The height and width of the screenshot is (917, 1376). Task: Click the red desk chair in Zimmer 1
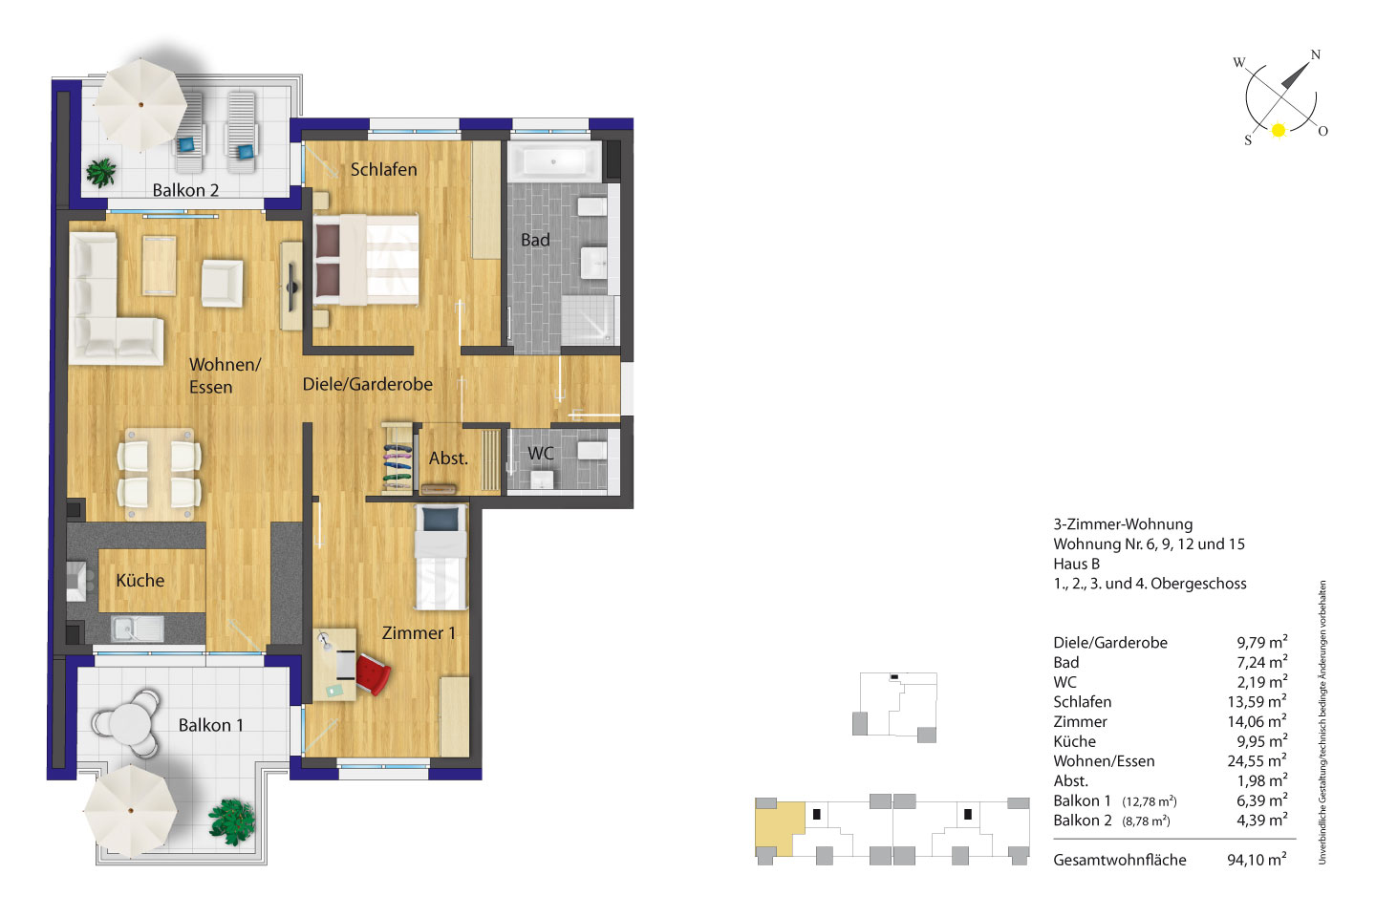tap(373, 673)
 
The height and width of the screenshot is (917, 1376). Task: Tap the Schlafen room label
tap(383, 169)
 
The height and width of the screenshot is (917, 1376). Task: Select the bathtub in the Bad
tap(554, 161)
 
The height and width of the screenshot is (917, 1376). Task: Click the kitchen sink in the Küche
tap(137, 629)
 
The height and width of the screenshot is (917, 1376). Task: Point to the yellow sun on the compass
tap(1279, 130)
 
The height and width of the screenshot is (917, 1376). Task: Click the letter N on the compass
tap(1315, 54)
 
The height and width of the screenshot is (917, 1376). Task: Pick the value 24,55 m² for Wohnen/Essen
tap(1257, 760)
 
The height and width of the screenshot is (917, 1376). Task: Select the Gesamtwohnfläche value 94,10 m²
tap(1257, 860)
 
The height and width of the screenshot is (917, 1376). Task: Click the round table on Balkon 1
tap(129, 723)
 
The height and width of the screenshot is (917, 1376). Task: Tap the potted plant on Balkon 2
tap(100, 173)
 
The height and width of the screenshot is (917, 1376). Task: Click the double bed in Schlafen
tap(366, 259)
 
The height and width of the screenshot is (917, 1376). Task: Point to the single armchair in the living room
tap(222, 283)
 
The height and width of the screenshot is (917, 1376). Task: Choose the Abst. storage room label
tap(448, 458)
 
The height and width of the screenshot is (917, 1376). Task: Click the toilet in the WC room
tap(592, 451)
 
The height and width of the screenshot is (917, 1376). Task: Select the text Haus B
tap(1076, 564)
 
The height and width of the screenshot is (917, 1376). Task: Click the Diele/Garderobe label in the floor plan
tap(367, 385)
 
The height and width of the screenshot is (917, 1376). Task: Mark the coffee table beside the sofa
tap(159, 266)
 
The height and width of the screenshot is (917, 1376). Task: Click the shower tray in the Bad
tap(588, 321)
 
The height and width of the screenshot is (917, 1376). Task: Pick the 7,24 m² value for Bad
tap(1261, 662)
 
